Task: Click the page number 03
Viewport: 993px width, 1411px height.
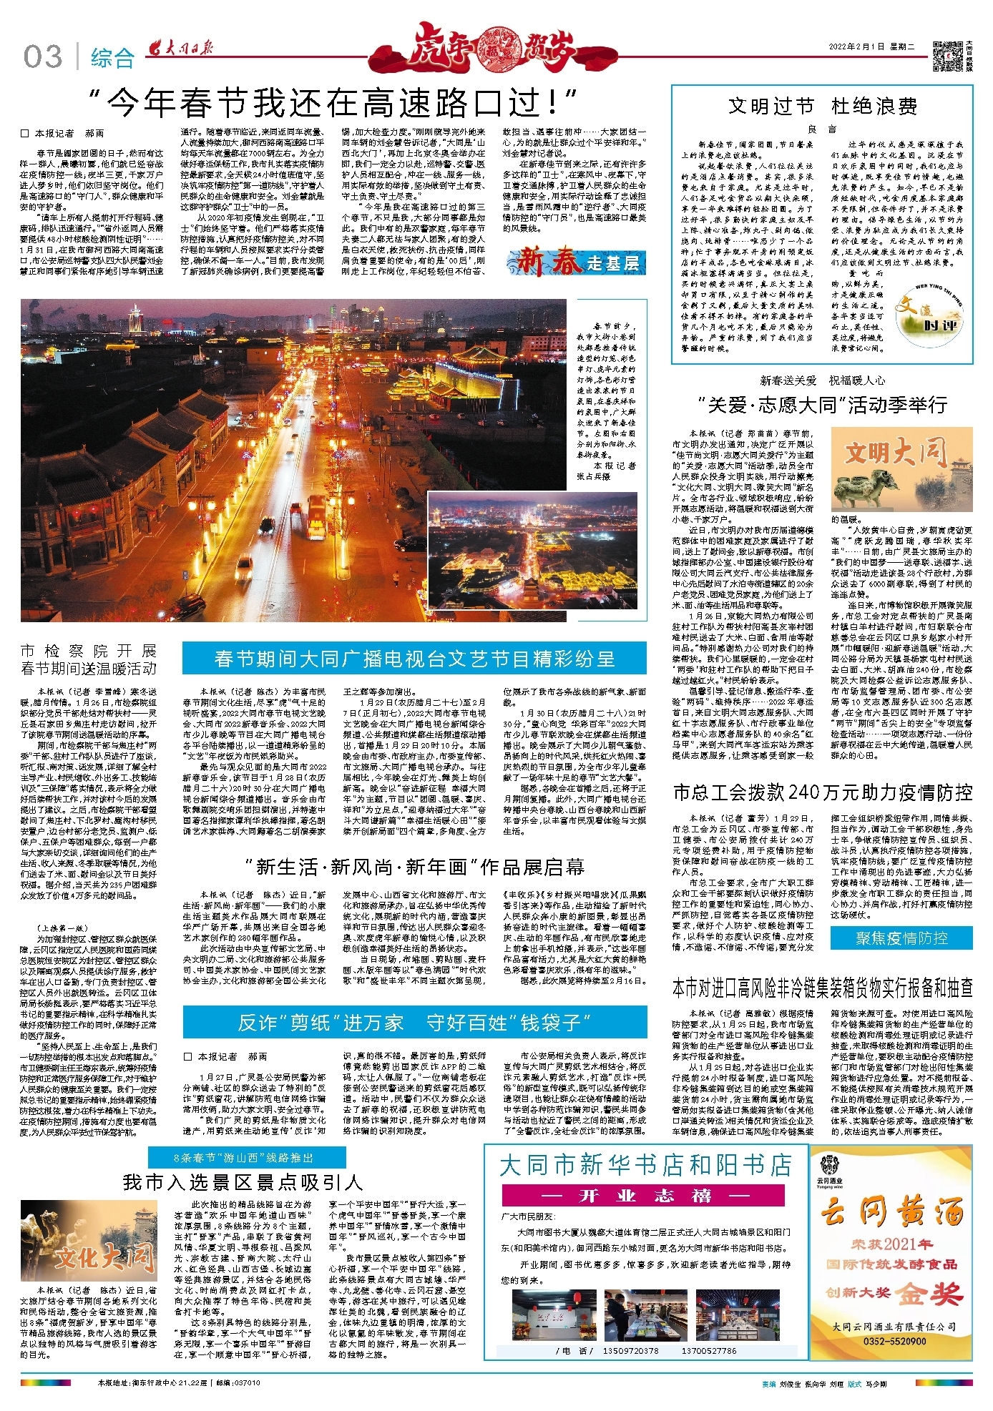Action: pos(43,56)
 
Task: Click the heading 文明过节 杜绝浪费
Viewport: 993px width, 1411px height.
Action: pos(822,107)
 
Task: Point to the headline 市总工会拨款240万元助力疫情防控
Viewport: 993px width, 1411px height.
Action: pos(822,792)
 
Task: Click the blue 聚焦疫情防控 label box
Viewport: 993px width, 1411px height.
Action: pos(901,938)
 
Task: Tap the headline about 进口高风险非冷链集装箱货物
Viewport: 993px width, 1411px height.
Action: pos(822,988)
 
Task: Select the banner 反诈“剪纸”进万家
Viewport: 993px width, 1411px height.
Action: pos(414,1023)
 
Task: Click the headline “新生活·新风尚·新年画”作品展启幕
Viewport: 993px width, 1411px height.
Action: pos(414,867)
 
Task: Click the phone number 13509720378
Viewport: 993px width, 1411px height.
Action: pos(630,1351)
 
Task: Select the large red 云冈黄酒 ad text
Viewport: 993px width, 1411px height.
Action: pos(891,1212)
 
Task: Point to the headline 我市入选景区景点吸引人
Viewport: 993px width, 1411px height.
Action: pos(243,1183)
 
